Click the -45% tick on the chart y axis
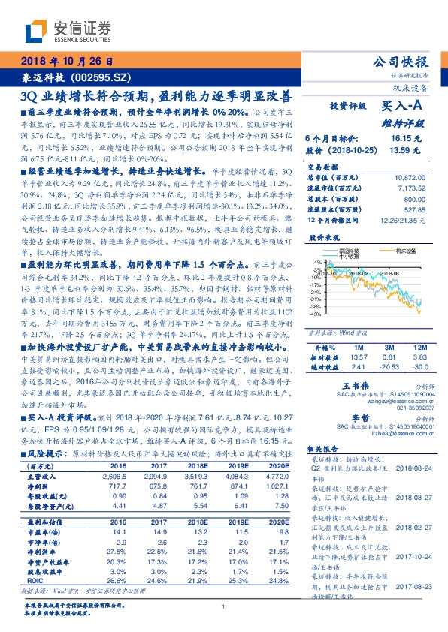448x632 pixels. [x=319, y=314]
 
